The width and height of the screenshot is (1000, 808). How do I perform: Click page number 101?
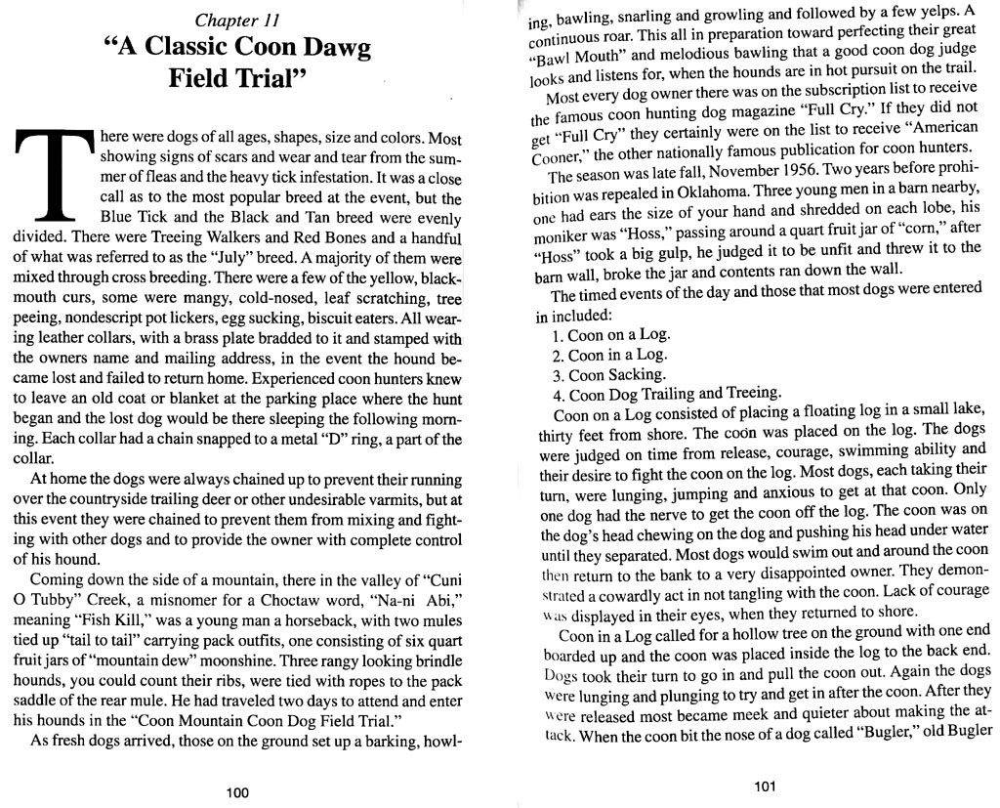(766, 787)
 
